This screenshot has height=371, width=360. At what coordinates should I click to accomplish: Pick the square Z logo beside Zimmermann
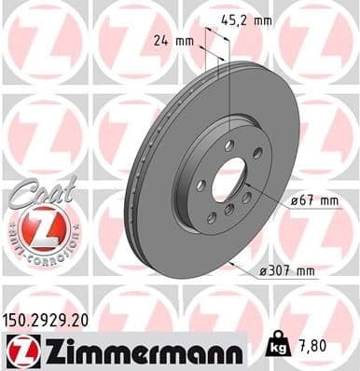tap(20, 349)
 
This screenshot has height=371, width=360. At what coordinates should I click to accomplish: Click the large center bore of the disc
tap(230, 175)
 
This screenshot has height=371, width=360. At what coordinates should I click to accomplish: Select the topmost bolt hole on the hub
tap(228, 144)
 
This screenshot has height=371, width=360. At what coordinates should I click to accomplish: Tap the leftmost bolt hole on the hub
tap(202, 186)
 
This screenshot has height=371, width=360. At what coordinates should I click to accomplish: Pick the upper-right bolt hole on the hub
tap(252, 158)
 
